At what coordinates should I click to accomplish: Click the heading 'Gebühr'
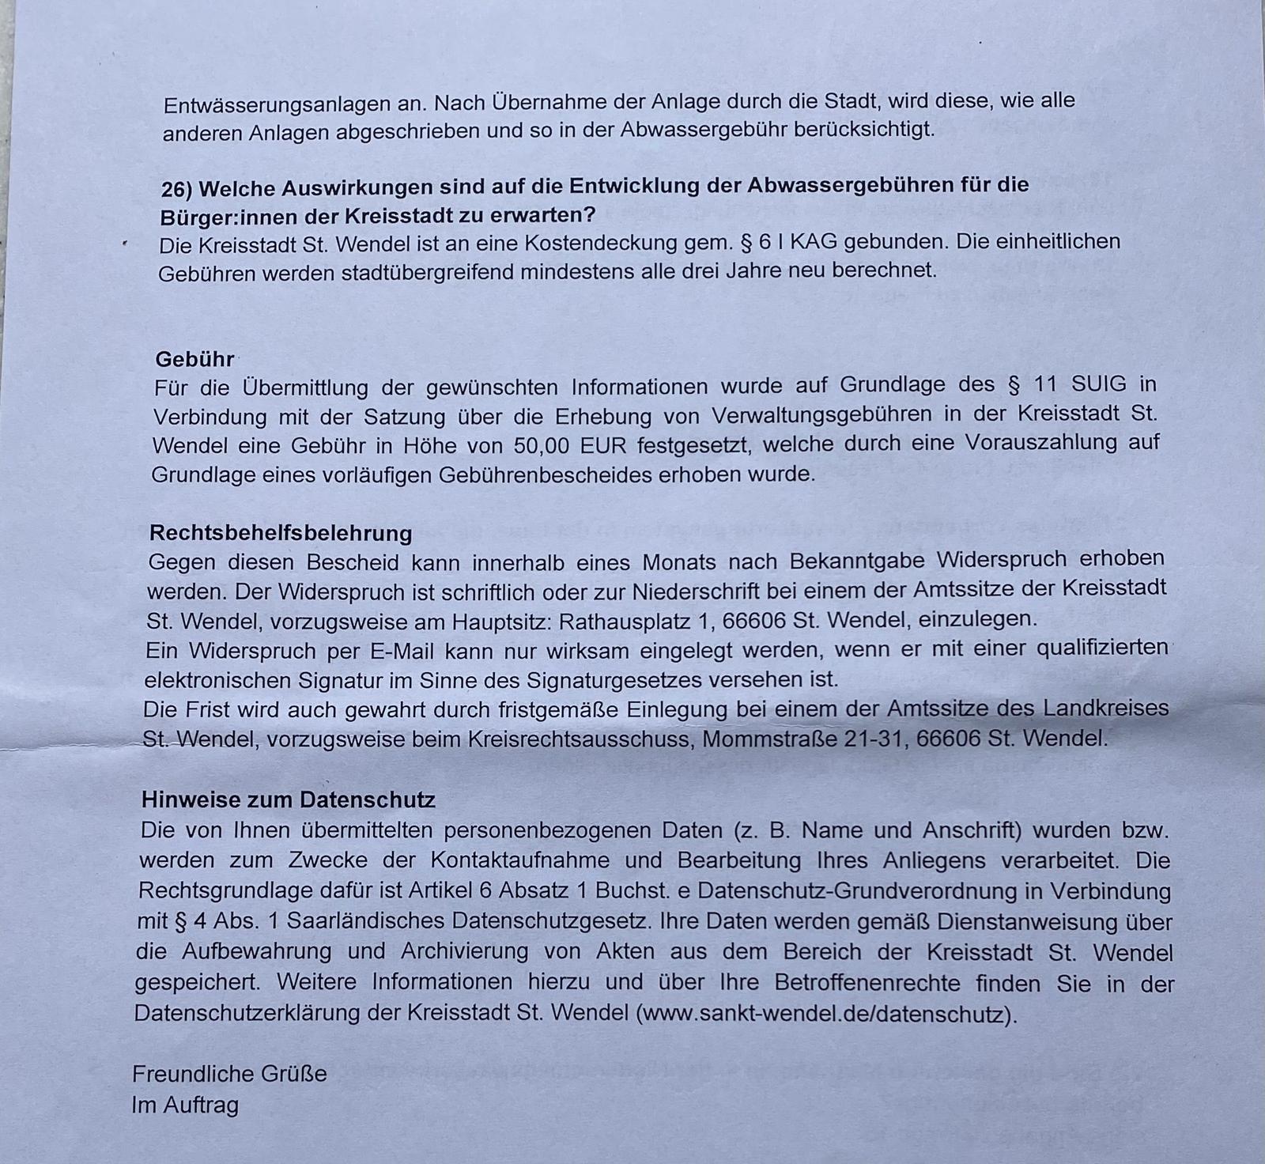(x=194, y=359)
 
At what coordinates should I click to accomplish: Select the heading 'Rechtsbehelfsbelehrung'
(x=281, y=532)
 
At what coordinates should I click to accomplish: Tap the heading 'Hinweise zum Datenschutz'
(x=289, y=799)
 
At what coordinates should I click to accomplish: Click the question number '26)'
(x=177, y=190)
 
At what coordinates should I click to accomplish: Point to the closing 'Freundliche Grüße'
(x=229, y=1074)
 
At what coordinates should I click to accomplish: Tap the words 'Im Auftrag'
(x=185, y=1105)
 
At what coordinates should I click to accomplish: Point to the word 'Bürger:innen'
(x=225, y=216)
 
